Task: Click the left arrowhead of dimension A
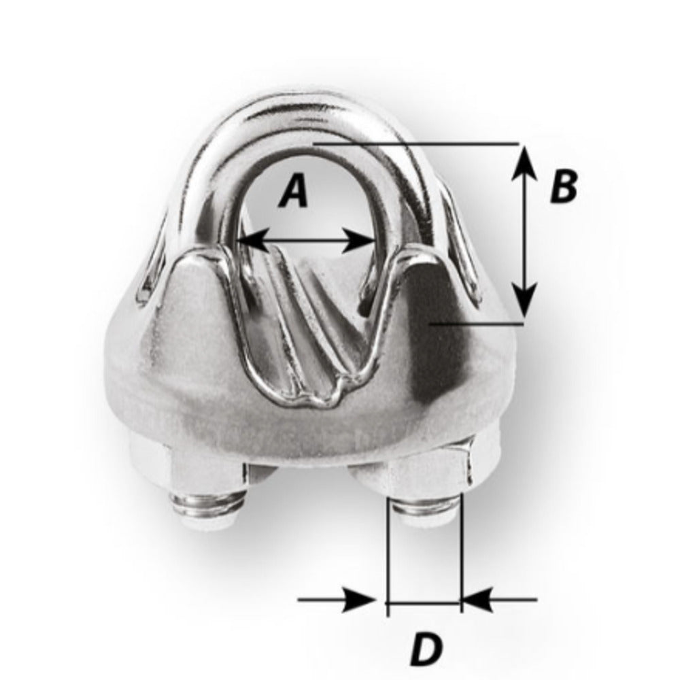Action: click(249, 239)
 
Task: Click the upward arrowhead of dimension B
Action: click(524, 160)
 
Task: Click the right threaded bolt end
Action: click(425, 511)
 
